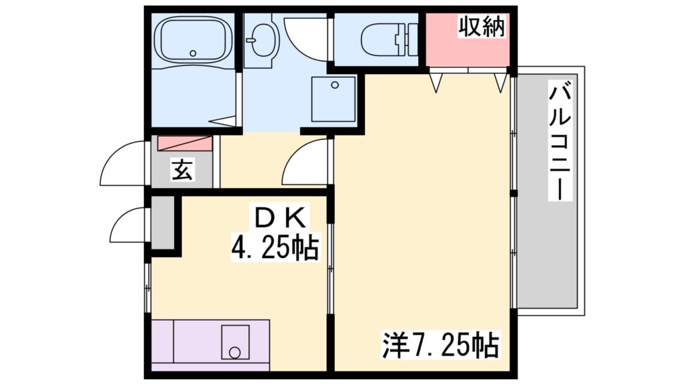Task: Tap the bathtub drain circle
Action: [x=193, y=53]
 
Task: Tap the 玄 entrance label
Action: [x=182, y=170]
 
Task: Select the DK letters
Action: [x=279, y=217]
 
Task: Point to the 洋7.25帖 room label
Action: [x=440, y=344]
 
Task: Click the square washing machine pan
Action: [x=333, y=99]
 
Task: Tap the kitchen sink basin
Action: [x=235, y=342]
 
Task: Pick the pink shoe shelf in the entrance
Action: [x=184, y=143]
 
